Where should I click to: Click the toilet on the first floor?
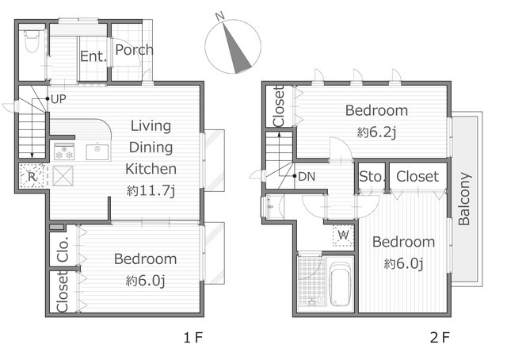coord(32,40)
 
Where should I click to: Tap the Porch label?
coord(134,49)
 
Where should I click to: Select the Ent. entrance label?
coord(93,56)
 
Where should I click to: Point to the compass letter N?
coord(220,16)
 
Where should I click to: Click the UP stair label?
coord(59,99)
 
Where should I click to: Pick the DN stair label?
coord(307,177)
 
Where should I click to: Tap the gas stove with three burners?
coord(64,151)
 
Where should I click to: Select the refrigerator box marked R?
coord(32,176)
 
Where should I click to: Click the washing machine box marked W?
coord(343,236)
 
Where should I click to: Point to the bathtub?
coord(340,284)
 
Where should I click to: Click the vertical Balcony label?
coord(464,199)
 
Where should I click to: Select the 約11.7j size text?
coord(151,190)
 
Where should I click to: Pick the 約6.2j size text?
coord(377,132)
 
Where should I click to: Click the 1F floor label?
coord(193,338)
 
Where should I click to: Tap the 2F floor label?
coord(440,338)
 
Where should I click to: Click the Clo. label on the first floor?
coord(63,249)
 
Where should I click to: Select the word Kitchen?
coord(151,169)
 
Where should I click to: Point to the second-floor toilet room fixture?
coord(270,206)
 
